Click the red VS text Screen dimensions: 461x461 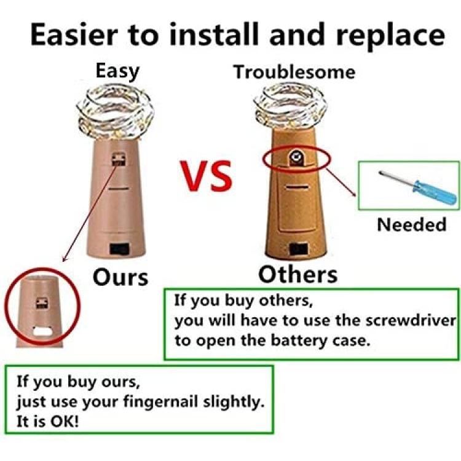click(207, 176)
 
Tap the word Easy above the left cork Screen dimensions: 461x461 click(117, 71)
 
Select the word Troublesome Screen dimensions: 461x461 click(294, 72)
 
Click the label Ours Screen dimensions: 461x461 click(120, 278)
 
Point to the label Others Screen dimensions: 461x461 click(298, 275)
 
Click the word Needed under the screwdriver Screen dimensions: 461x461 click(412, 224)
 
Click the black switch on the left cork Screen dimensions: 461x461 click(119, 250)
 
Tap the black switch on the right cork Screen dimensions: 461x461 click(298, 250)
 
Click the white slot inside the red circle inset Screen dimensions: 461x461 click(42, 331)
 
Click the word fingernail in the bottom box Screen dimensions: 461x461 click(160, 402)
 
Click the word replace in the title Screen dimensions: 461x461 click(390, 35)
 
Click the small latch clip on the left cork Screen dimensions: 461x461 click(119, 159)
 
